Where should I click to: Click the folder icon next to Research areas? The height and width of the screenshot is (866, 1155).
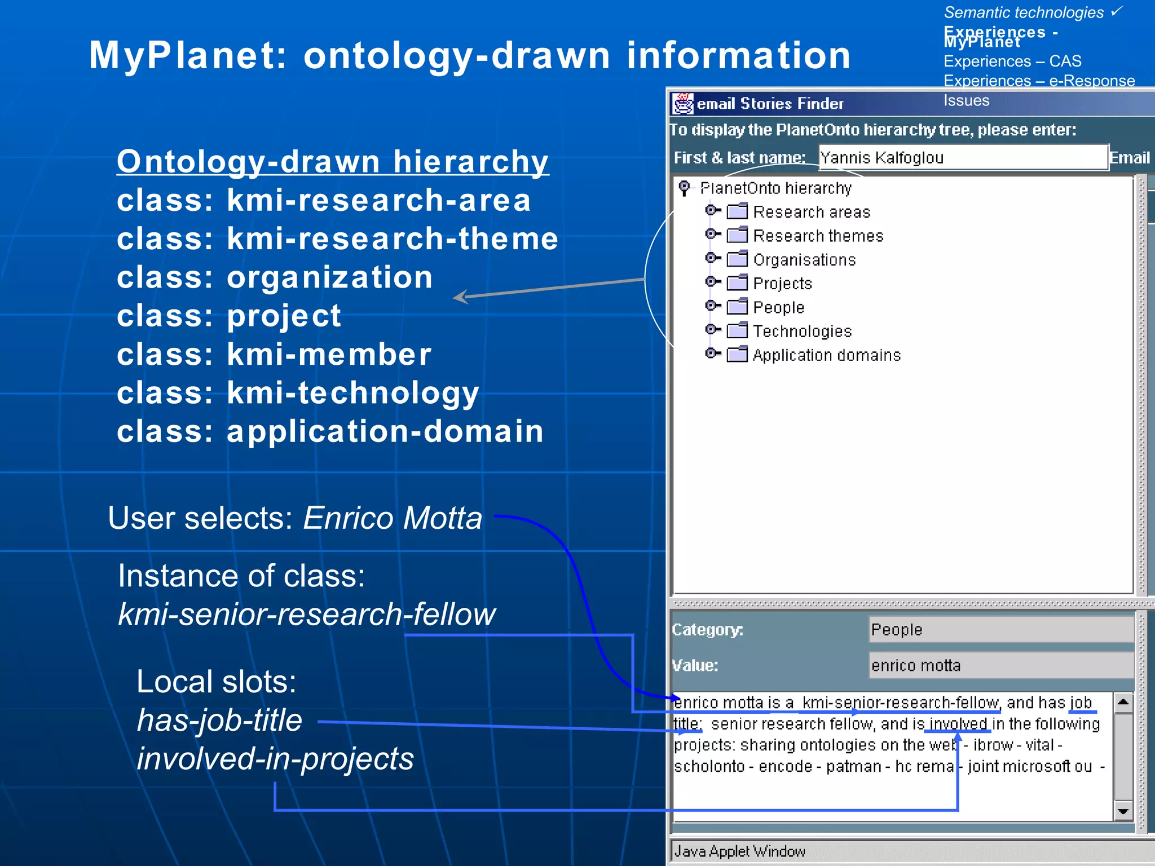pyautogui.click(x=737, y=211)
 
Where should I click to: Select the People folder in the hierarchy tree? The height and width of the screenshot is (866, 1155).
pyautogui.click(x=778, y=307)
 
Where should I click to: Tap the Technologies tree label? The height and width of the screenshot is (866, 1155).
pyautogui.click(x=802, y=331)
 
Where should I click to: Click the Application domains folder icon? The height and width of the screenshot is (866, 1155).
pyautogui.click(x=737, y=355)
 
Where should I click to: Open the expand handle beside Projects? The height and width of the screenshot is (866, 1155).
pyautogui.click(x=712, y=281)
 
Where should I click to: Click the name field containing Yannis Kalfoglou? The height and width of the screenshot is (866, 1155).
pyautogui.click(x=962, y=157)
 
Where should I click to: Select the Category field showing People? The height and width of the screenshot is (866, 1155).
pyautogui.click(x=1000, y=629)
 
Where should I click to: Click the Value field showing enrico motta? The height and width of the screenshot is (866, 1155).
pyautogui.click(x=1000, y=665)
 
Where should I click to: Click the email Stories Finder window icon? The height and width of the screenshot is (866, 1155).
pyautogui.click(x=682, y=104)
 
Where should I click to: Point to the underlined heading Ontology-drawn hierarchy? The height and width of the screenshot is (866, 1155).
pyautogui.click(x=333, y=162)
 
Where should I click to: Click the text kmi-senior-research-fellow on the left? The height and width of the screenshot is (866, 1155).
pyautogui.click(x=307, y=614)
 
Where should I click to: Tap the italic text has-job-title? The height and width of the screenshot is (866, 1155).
pyautogui.click(x=220, y=720)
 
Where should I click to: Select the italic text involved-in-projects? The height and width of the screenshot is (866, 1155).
pyautogui.click(x=275, y=758)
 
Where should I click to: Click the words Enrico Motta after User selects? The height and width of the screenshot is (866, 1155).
pyautogui.click(x=393, y=518)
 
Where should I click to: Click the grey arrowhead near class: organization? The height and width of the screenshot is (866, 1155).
pyautogui.click(x=461, y=297)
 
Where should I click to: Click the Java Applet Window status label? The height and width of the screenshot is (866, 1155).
pyautogui.click(x=739, y=851)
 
